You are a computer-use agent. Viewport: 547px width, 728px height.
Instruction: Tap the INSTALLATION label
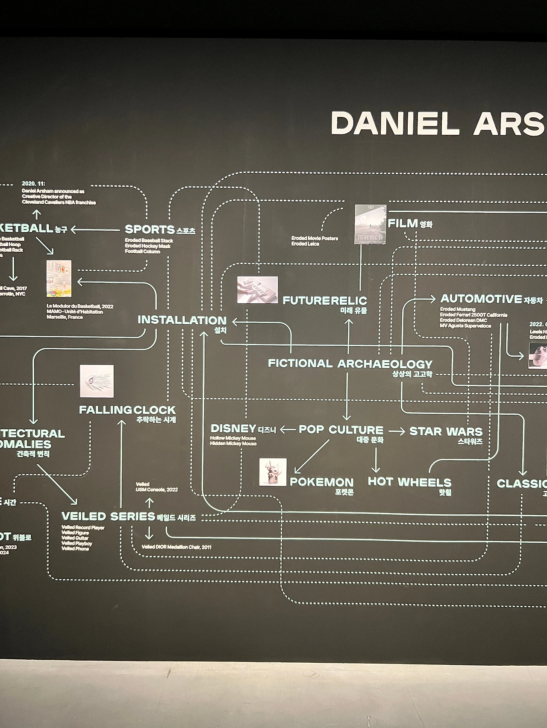182,320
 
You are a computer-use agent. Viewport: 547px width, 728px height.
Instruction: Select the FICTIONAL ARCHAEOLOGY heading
350,364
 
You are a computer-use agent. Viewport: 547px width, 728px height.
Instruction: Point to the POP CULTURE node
341,430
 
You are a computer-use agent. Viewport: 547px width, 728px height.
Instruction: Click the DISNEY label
233,428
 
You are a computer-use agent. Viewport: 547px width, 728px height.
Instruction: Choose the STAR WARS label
446,431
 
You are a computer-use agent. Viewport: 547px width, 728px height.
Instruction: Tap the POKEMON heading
322,482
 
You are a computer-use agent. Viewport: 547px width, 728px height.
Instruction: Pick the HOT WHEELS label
409,482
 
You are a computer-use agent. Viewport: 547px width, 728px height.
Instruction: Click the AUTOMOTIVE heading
481,299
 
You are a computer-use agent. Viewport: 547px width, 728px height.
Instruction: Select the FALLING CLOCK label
127,410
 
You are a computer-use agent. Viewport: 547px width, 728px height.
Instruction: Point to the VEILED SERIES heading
108,516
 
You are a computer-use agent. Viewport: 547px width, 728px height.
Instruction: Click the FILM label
403,223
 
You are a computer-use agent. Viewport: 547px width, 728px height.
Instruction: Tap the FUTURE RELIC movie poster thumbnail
370,224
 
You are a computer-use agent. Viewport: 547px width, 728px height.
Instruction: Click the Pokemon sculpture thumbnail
273,472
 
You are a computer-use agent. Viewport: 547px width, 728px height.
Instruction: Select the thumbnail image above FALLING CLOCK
97,381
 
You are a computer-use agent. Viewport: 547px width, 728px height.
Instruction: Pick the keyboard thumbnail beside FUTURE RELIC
258,290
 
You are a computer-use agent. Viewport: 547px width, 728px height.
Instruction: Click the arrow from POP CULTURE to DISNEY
288,430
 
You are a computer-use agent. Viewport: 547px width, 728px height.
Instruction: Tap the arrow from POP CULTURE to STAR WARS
397,431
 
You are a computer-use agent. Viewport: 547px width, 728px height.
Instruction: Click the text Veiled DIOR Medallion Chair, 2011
176,547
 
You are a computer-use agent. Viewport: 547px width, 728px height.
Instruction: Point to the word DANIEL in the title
395,124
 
